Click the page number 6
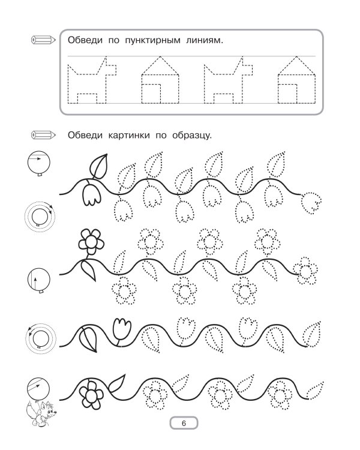(x=184, y=423)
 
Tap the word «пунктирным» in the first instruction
(x=153, y=40)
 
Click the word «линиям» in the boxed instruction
(x=205, y=40)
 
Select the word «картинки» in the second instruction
(x=129, y=135)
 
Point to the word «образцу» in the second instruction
(x=192, y=135)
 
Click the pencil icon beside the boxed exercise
(x=43, y=40)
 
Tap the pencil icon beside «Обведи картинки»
(x=43, y=134)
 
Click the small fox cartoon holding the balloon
(x=41, y=413)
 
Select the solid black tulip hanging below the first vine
(x=92, y=195)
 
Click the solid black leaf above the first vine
(x=99, y=166)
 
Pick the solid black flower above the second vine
(x=91, y=242)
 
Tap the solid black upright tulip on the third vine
(x=122, y=329)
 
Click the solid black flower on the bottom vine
(x=91, y=395)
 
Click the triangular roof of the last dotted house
(x=297, y=66)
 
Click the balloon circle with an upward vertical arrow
(x=39, y=280)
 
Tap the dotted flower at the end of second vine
(x=305, y=271)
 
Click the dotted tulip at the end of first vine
(x=311, y=203)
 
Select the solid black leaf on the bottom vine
(x=116, y=383)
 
